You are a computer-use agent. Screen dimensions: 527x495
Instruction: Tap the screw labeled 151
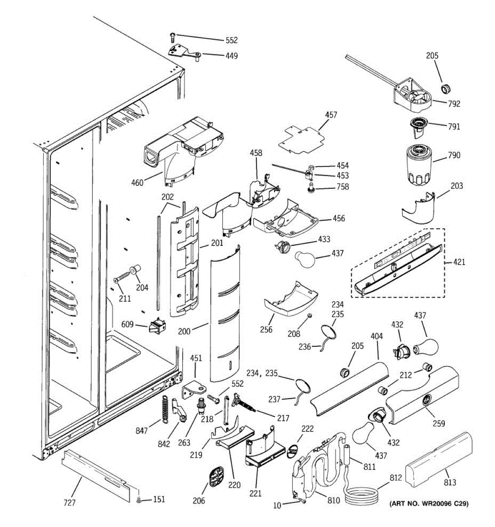139,500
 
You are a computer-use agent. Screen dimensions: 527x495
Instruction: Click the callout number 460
137,182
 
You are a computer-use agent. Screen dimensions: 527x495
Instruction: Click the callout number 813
450,483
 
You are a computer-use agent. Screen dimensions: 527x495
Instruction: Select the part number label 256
266,329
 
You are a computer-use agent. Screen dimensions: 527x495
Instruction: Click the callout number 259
438,423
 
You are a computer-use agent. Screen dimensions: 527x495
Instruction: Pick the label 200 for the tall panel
184,331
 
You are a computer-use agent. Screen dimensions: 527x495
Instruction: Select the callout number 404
377,336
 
